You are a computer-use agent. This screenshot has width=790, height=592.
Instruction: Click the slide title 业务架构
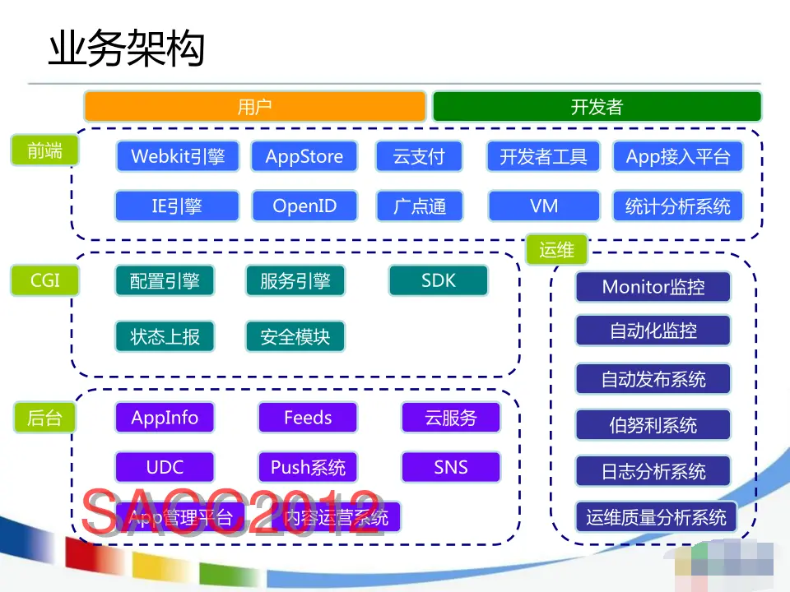[x=126, y=49]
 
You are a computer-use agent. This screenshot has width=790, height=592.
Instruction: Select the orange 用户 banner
[x=255, y=107]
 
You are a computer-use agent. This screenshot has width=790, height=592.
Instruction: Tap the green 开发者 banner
[x=597, y=107]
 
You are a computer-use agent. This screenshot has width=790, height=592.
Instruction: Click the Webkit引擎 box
[x=178, y=156]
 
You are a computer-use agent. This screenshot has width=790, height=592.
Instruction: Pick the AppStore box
[x=304, y=156]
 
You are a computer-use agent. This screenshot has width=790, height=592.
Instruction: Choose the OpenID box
[x=304, y=206]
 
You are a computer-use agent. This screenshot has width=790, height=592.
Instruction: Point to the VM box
[x=544, y=206]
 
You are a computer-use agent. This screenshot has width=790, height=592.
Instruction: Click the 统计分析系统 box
[x=677, y=206]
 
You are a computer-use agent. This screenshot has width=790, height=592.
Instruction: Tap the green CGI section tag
[x=45, y=280]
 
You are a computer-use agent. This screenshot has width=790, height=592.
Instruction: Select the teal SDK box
[x=438, y=280]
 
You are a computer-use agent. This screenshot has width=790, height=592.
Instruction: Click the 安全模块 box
[x=295, y=336]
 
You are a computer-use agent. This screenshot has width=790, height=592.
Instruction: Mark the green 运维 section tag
[x=556, y=250]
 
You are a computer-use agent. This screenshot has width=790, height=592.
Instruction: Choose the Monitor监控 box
[x=653, y=287]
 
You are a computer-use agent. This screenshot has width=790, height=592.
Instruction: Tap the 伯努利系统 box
[x=653, y=425]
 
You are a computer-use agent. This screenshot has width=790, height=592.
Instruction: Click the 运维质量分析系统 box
[x=656, y=517]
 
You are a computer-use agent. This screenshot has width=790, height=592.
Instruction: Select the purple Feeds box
[x=308, y=418]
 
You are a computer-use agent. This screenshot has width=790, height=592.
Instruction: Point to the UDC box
[x=165, y=467]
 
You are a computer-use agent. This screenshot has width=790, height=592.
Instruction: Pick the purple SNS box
[x=451, y=467]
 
